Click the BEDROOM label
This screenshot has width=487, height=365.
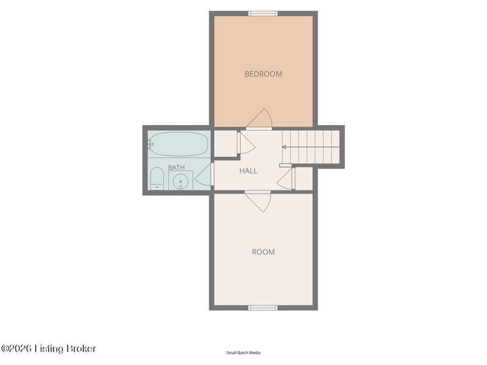(263, 74)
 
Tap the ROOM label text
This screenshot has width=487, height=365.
(263, 252)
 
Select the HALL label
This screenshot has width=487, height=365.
(248, 171)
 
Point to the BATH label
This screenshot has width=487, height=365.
(177, 167)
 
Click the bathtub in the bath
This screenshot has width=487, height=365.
(178, 144)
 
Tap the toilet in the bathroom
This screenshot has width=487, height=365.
(157, 178)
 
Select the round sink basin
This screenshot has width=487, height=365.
(180, 181)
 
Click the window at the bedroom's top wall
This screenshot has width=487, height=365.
(263, 13)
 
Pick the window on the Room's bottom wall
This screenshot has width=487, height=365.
(263, 308)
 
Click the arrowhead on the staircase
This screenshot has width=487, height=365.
(284, 147)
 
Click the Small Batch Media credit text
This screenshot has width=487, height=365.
(243, 353)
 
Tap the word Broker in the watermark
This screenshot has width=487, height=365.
(81, 349)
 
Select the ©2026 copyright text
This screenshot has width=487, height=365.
(16, 349)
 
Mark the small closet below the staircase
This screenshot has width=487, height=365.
(304, 178)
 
